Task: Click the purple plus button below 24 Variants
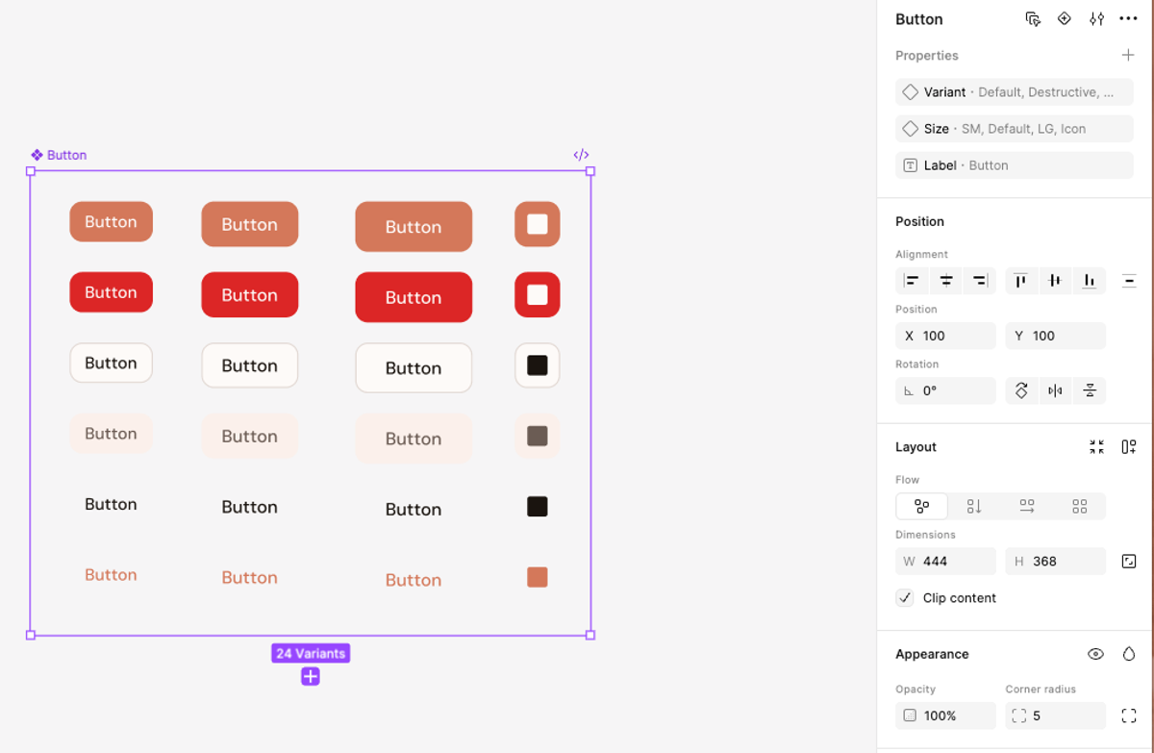[x=310, y=677]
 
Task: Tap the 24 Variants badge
[x=310, y=654]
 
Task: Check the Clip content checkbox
[x=905, y=598]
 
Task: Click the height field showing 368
[x=1055, y=562]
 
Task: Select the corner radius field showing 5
[x=1055, y=715]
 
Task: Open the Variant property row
[x=1014, y=92]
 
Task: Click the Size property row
[x=1014, y=129]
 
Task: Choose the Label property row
[x=1014, y=165]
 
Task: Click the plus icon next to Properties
[x=1128, y=56]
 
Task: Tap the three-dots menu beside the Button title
[x=1128, y=19]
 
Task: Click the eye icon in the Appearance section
[x=1095, y=654]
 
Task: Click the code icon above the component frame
[x=581, y=155]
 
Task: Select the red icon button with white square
[x=538, y=295]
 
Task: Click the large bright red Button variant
[x=414, y=297]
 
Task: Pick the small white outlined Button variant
[x=111, y=364]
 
